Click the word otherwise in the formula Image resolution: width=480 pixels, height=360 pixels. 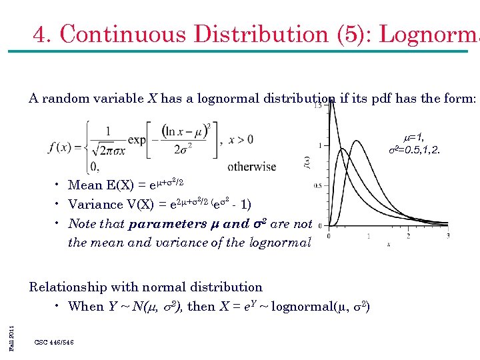(x=251, y=166)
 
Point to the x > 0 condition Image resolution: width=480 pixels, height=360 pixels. (x=241, y=140)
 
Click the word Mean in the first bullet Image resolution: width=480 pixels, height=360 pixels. (x=85, y=185)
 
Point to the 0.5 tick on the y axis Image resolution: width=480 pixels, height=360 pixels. (x=317, y=185)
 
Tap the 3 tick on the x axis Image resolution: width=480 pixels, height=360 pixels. (x=447, y=235)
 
